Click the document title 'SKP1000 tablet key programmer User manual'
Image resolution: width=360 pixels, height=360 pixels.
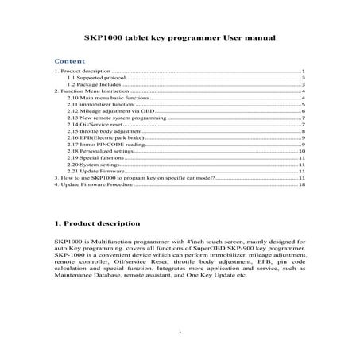coord(180,37)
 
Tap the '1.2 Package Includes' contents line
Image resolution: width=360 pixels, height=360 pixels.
coord(94,86)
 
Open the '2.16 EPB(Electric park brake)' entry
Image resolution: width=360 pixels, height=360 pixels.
coord(106,137)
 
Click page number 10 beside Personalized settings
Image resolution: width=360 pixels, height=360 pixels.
coord(302,151)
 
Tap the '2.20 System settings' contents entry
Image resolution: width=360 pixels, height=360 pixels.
coord(95,164)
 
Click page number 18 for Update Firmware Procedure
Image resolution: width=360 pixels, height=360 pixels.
coord(303,184)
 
